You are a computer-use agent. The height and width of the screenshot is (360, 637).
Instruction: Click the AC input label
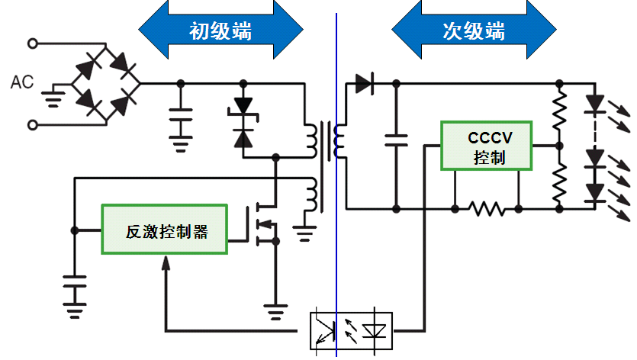[x=21, y=82]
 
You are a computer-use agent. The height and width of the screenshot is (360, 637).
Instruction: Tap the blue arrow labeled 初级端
[x=220, y=31]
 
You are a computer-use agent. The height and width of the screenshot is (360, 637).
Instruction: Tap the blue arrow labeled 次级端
[x=473, y=31]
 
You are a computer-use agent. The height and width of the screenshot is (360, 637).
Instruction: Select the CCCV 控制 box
[x=487, y=145]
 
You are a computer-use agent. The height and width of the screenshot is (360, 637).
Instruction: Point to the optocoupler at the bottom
[x=350, y=330]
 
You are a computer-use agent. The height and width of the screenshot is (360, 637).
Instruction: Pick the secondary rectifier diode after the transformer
[x=363, y=82]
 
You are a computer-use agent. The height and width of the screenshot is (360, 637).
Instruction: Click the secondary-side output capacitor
[x=396, y=140]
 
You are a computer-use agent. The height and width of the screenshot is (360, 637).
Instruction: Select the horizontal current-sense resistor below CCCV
[x=487, y=207]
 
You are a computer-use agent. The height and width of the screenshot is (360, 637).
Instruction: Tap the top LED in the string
[x=594, y=103]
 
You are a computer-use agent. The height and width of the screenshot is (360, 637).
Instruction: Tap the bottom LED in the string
[x=594, y=194]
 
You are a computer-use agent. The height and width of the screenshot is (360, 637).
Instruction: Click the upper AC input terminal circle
[x=32, y=43]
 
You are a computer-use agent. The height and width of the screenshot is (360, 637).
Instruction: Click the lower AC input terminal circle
[x=32, y=124]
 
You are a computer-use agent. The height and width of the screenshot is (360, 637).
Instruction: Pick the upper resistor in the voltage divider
[x=559, y=111]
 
